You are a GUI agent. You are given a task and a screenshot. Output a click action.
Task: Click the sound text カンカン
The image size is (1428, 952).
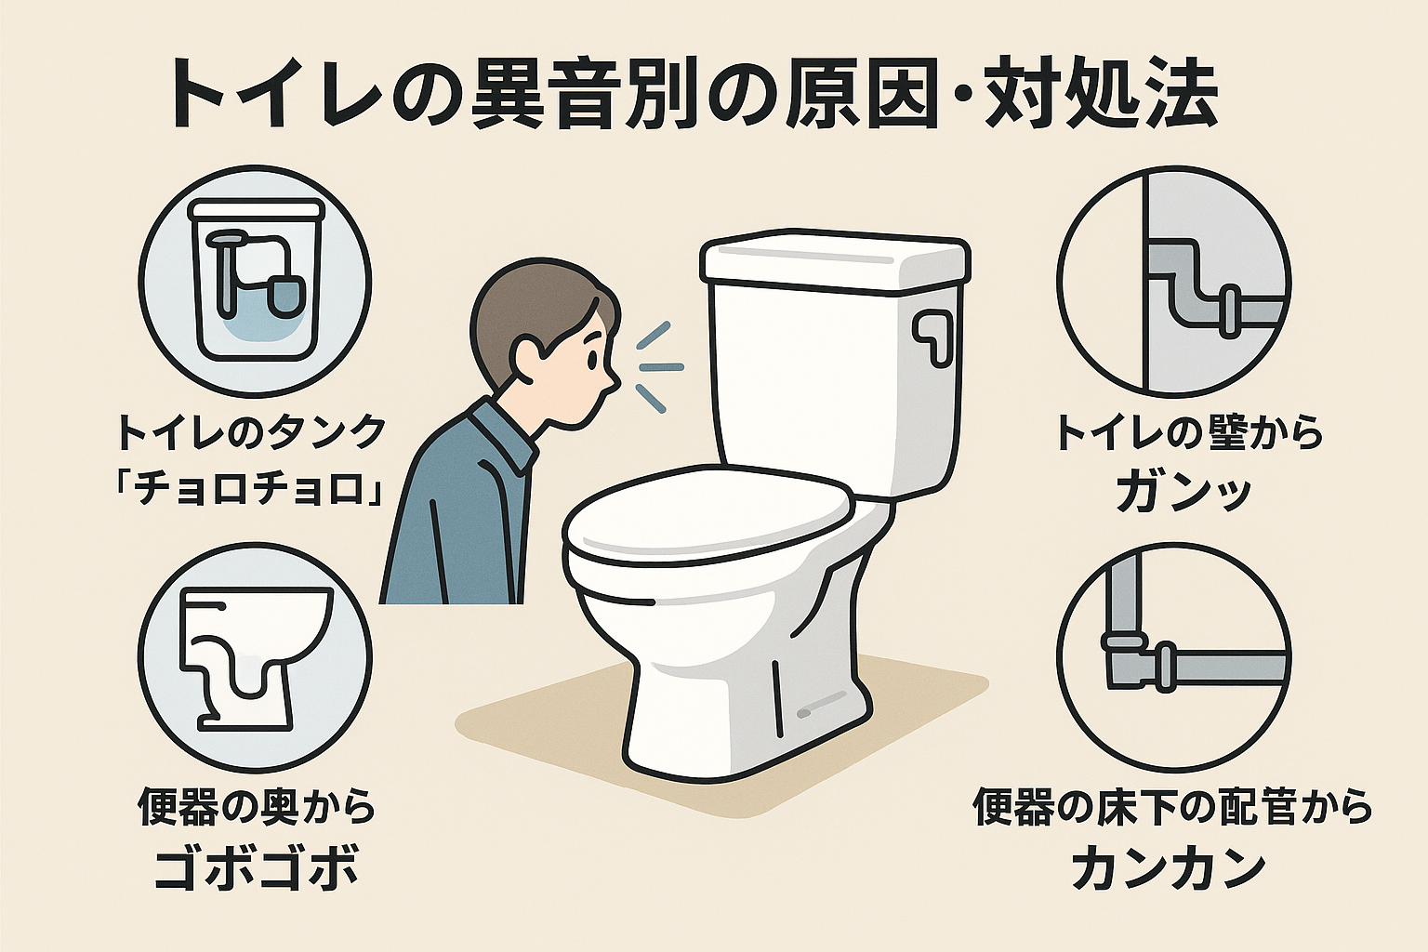pyautogui.click(x=1169, y=867)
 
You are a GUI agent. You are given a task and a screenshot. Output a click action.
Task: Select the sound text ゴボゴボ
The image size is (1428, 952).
pyautogui.click(x=256, y=868)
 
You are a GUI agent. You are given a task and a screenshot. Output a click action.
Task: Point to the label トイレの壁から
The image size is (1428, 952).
pyautogui.click(x=1188, y=433)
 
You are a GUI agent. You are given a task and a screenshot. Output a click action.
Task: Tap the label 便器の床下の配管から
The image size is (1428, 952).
pyautogui.click(x=1172, y=807)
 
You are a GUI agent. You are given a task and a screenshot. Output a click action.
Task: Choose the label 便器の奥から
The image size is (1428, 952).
pyautogui.click(x=257, y=807)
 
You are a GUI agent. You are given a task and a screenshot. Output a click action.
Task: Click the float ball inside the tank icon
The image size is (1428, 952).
pyautogui.click(x=284, y=295)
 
